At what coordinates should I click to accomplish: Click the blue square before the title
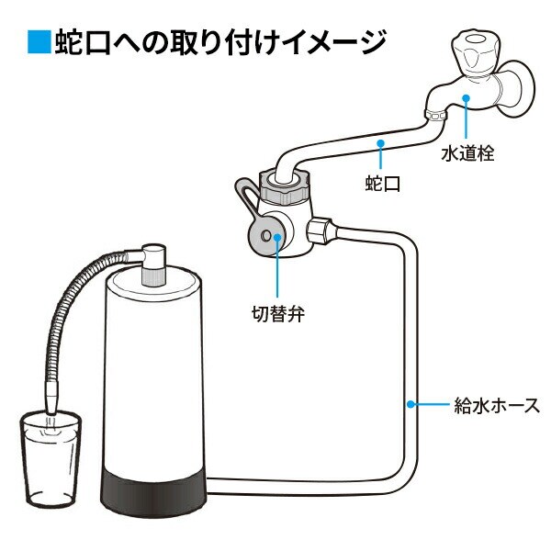tap(37, 42)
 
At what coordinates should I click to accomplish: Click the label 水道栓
tap(468, 153)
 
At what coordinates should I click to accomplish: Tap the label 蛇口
tap(384, 184)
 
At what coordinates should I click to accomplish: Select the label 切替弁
tap(279, 315)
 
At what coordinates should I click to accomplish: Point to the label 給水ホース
tap(497, 404)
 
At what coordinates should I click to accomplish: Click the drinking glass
tap(50, 459)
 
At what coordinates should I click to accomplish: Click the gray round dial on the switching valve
tap(267, 235)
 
